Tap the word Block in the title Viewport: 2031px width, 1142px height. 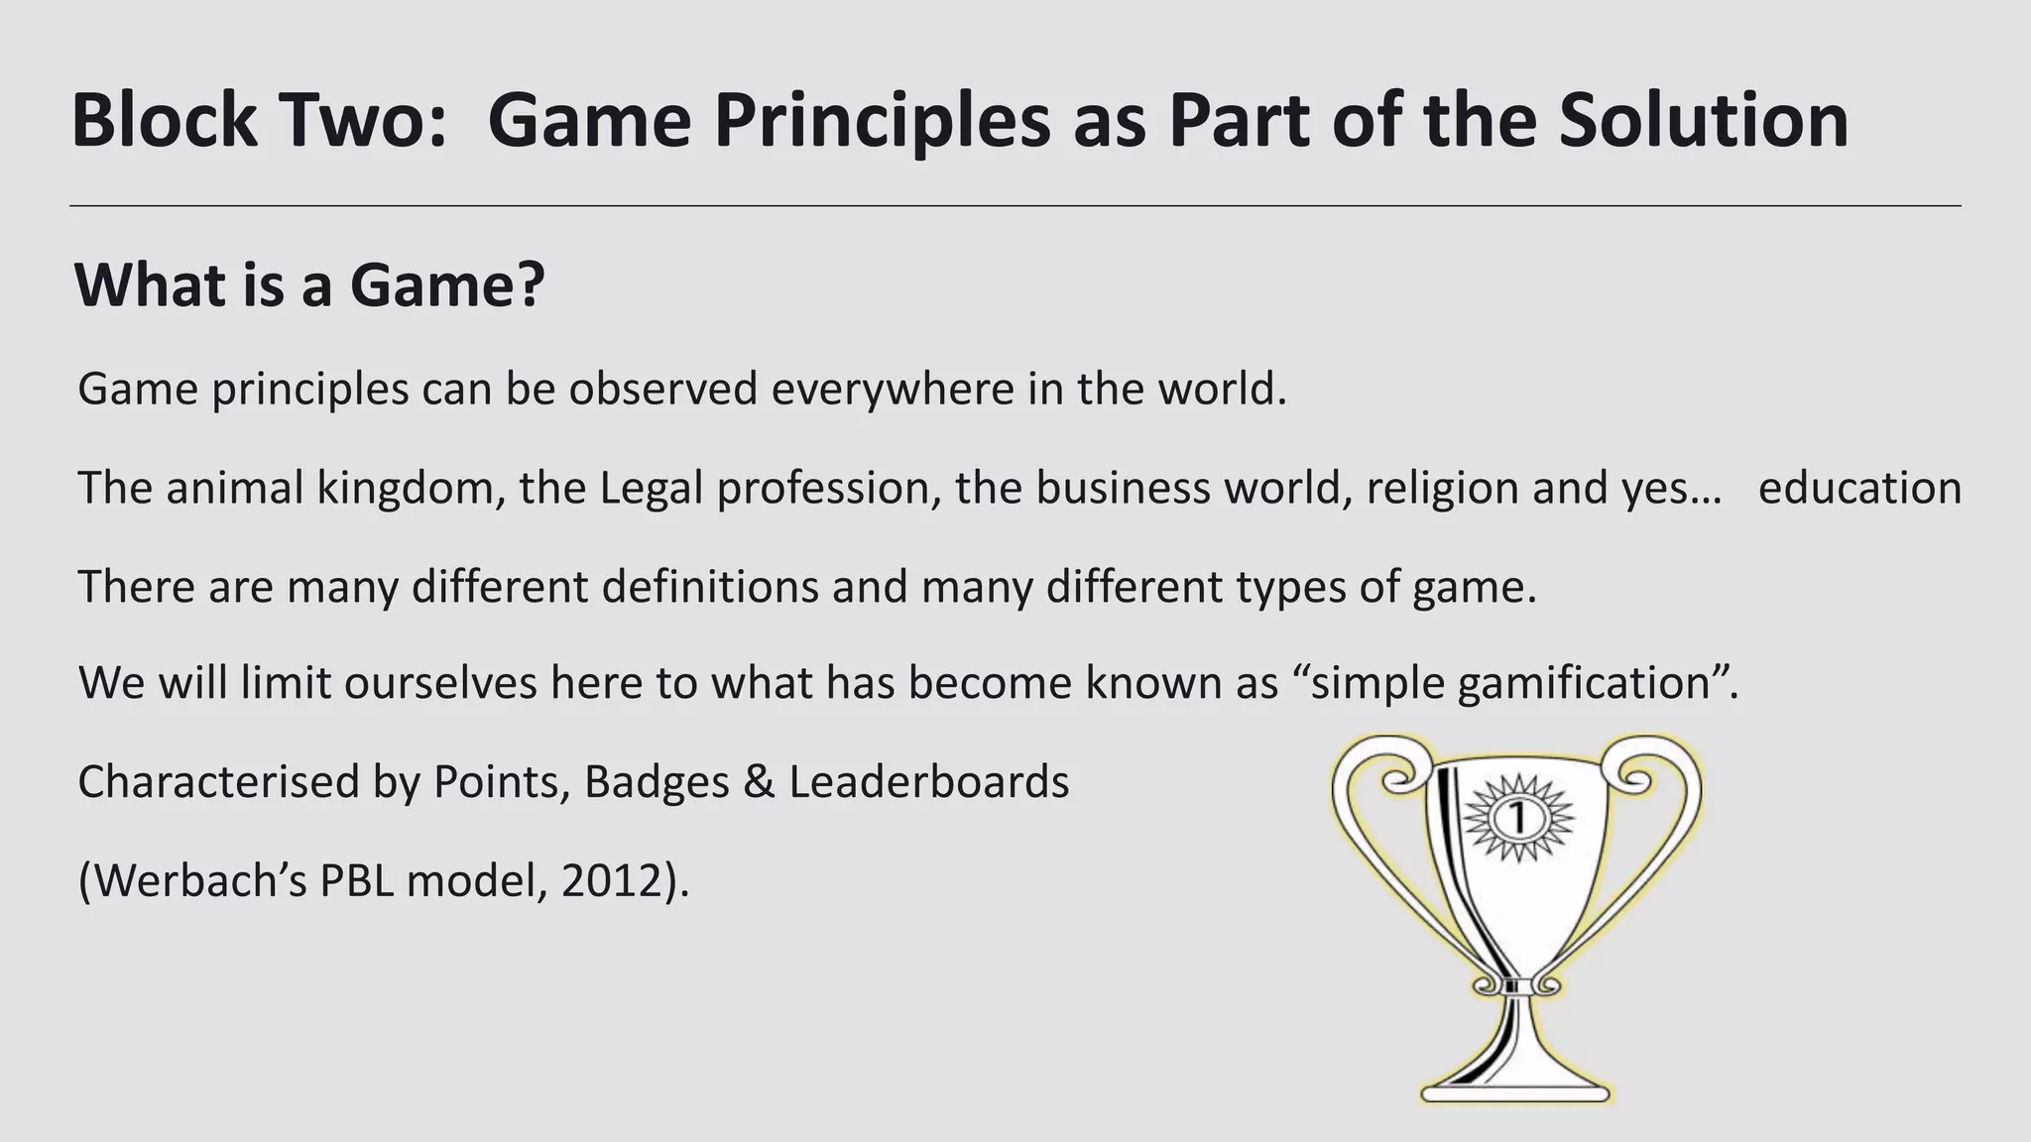165,121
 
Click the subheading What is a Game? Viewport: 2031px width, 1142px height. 309,285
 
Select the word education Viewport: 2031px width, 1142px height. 1859,488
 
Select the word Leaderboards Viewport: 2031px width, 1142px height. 929,782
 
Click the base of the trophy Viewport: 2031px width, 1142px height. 1517,1085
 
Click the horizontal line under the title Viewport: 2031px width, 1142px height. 1015,206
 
